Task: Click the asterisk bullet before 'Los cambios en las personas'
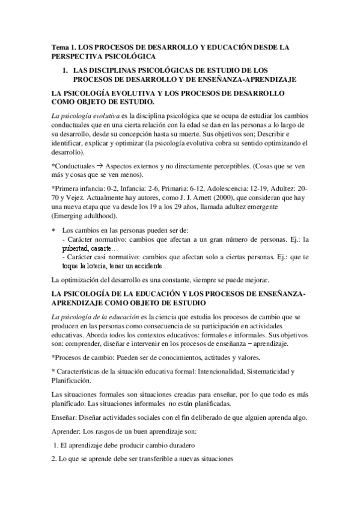click(55, 230)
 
